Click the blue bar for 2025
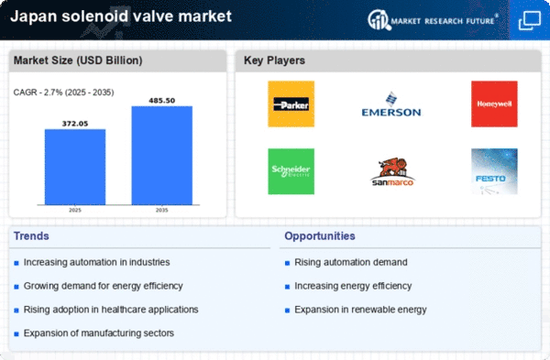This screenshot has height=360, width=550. (x=75, y=167)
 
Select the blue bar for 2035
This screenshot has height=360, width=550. (x=161, y=156)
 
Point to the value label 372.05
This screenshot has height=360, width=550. (x=75, y=124)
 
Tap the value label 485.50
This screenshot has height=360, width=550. (x=161, y=101)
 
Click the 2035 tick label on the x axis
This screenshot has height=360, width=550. (x=161, y=210)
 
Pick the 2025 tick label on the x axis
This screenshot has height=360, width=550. (x=75, y=210)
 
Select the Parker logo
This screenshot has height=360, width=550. (x=291, y=104)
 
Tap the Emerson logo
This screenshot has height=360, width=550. (x=391, y=104)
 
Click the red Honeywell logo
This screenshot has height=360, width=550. (x=494, y=104)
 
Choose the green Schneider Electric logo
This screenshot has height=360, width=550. (x=291, y=171)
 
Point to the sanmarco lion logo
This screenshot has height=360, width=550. (x=392, y=171)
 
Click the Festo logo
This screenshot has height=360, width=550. (x=494, y=171)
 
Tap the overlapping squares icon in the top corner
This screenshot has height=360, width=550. (x=529, y=20)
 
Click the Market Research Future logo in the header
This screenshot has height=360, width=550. (x=433, y=20)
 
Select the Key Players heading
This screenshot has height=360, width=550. (x=274, y=60)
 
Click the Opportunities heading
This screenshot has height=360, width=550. (x=320, y=236)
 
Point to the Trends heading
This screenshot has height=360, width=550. (x=31, y=236)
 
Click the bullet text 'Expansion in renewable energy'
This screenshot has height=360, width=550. (x=360, y=310)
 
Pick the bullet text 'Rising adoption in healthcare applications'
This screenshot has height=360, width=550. (x=111, y=310)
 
